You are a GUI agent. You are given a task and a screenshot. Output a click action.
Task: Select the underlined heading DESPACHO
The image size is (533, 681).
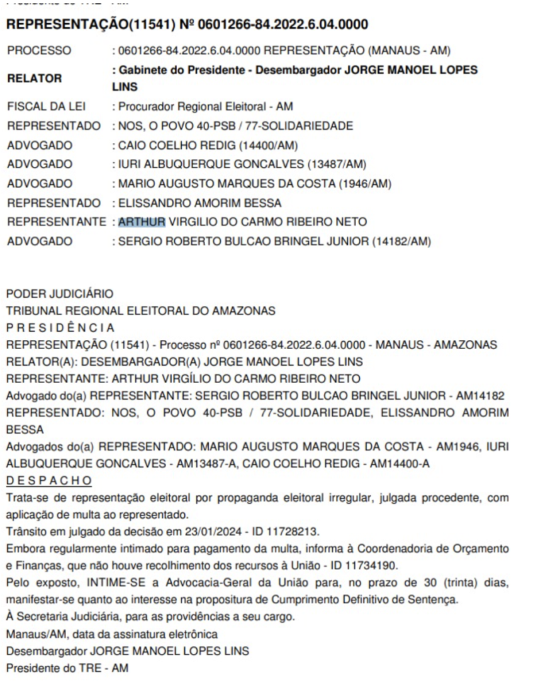pos(49,480)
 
